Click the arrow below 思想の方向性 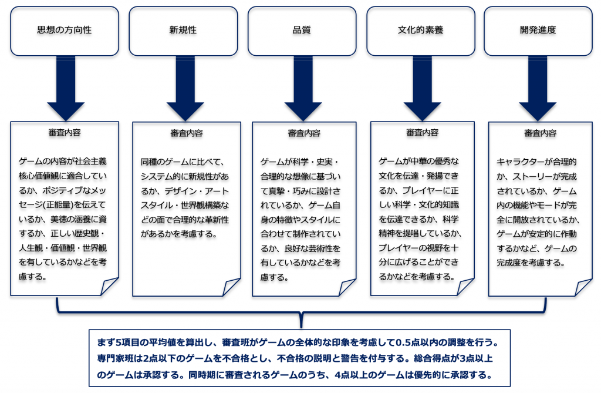pos(66,88)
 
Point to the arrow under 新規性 pos(185,88)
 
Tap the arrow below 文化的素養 pos(421,88)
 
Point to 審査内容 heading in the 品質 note pos(304,133)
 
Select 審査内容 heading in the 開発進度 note pos(540,133)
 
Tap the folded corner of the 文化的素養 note pos(466,287)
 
